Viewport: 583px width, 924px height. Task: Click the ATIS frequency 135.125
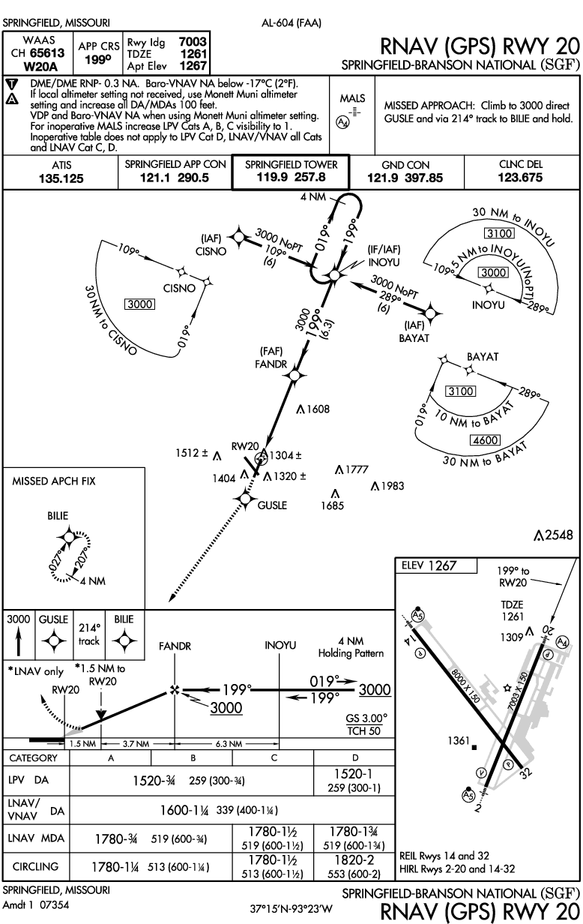pyautogui.click(x=62, y=178)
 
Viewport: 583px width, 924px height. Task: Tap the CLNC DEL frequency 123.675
pyautogui.click(x=522, y=178)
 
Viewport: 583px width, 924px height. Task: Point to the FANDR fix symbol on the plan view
pyautogui.click(x=294, y=374)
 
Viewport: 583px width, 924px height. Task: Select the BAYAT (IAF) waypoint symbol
pyautogui.click(x=431, y=312)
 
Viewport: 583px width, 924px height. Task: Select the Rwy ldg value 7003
pyautogui.click(x=194, y=41)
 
